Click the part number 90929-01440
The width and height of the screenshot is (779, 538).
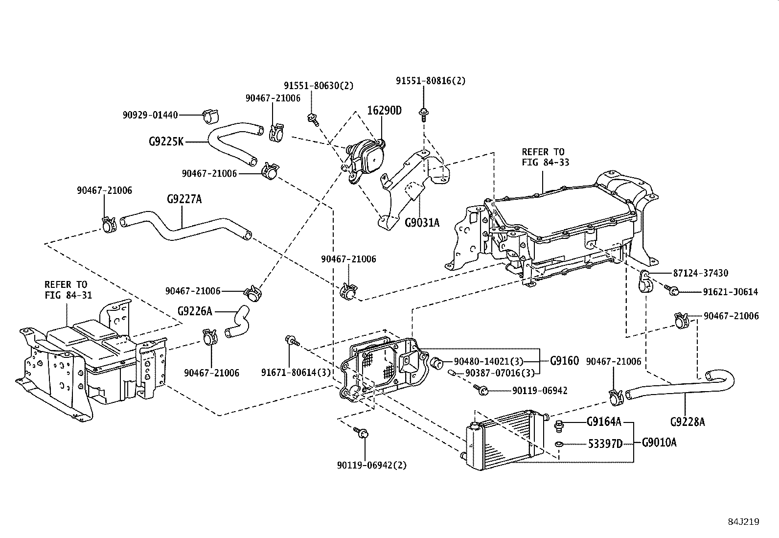(150, 115)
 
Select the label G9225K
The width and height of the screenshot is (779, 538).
(166, 142)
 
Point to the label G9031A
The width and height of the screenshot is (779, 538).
(422, 223)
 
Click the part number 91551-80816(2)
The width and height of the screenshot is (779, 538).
(431, 81)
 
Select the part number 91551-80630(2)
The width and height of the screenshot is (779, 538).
(318, 86)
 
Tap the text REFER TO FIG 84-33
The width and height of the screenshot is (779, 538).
(543, 157)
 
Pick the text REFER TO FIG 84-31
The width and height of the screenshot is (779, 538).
(66, 290)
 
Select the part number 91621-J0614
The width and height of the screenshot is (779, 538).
(731, 292)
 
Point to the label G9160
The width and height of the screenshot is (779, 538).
(564, 361)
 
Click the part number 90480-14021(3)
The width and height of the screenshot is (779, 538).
(488, 362)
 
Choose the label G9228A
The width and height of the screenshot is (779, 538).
(687, 421)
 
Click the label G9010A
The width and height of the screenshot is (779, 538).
(659, 443)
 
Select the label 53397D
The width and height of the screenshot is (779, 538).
(605, 444)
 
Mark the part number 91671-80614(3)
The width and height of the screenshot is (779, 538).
(296, 373)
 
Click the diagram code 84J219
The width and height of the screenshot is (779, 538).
(743, 522)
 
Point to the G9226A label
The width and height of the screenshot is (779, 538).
(195, 311)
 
